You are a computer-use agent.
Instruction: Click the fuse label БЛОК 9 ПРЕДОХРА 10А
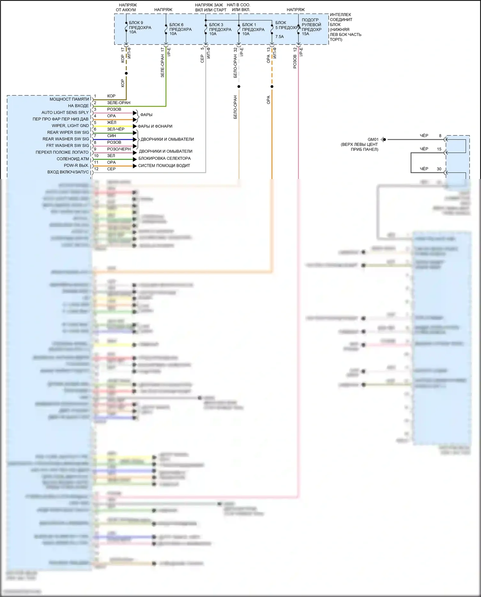pos(140,27)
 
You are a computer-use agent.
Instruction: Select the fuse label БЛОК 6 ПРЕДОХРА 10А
pos(180,29)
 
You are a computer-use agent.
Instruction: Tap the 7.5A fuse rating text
pos(279,37)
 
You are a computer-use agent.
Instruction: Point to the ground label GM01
pos(373,140)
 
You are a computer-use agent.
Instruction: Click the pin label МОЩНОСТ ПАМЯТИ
pos(69,99)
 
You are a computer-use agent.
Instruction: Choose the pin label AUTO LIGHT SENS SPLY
pos(65,112)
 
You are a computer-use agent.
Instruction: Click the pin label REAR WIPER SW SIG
pos(68,132)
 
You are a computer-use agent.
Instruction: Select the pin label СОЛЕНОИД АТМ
pos(72,159)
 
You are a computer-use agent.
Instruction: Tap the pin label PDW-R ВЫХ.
pos(76,165)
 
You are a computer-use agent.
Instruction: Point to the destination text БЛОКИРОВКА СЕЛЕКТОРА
pos(165,158)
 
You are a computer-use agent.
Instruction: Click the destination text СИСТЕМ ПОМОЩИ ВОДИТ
pos(164,166)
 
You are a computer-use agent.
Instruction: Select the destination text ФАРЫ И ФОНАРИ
pos(155,126)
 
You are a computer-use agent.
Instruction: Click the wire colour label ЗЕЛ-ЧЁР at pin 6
pos(115,129)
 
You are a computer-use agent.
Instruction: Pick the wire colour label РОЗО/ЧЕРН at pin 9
pos(119,149)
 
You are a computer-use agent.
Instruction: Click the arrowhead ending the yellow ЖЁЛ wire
pos(135,126)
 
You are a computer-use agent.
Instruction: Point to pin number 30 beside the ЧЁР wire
pos(439,169)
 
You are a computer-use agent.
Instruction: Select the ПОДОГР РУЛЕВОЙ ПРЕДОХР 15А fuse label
pos(311,27)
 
